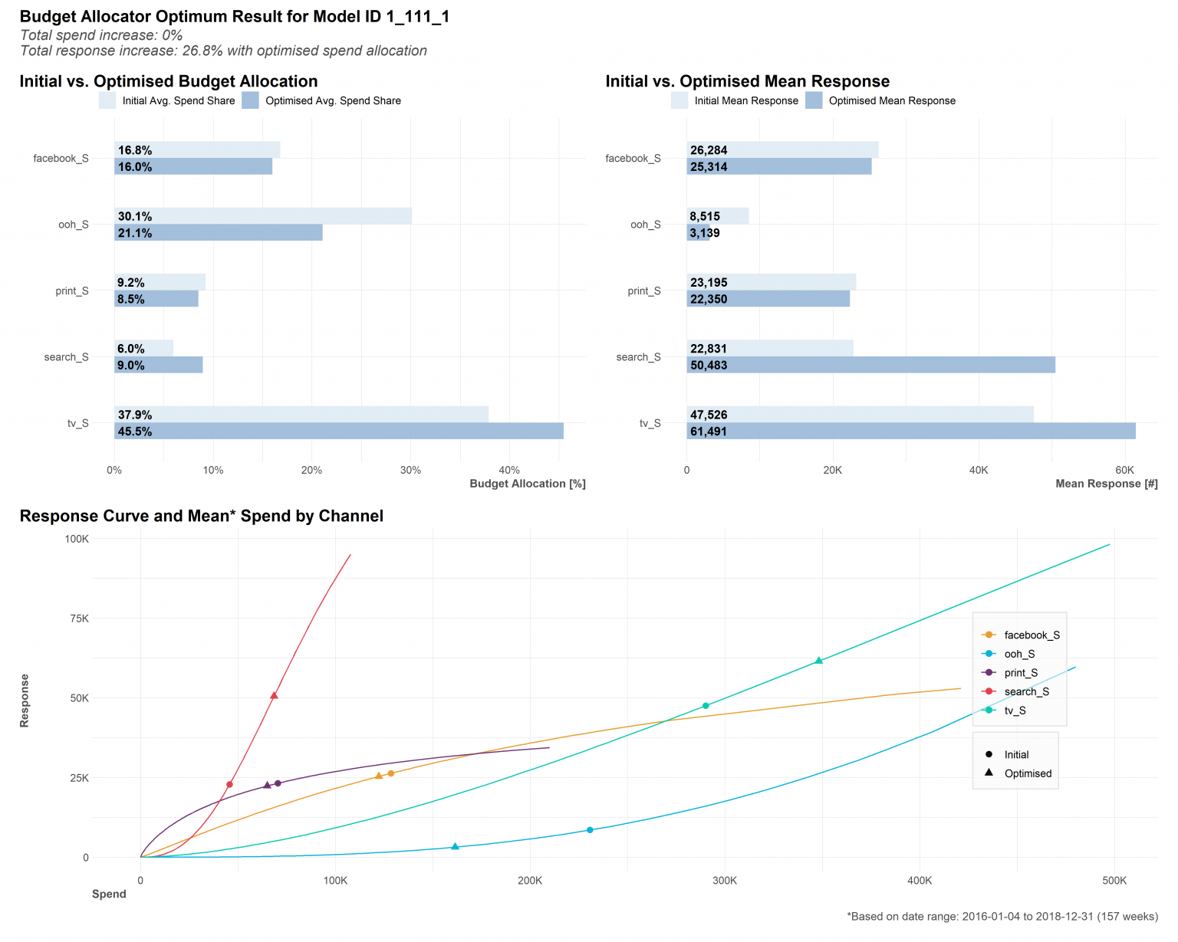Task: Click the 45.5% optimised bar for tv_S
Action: (x=339, y=432)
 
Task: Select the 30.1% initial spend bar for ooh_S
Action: (x=263, y=216)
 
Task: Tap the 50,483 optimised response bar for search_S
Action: (x=870, y=365)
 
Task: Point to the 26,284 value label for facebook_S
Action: (x=709, y=150)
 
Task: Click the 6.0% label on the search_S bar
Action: (x=131, y=349)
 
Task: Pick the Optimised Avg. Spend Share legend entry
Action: (x=321, y=100)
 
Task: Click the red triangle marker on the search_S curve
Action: (x=274, y=695)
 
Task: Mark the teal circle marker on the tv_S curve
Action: (x=706, y=706)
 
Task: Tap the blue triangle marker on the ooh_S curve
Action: (x=455, y=846)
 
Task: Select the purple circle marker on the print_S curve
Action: (x=278, y=783)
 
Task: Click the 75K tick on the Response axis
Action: (x=77, y=619)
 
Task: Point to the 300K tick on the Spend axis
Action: (x=725, y=881)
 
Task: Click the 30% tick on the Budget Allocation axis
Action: (x=410, y=470)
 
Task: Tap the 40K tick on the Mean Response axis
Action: (x=979, y=470)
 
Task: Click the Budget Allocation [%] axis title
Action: (x=528, y=484)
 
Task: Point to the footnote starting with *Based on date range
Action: (x=1002, y=917)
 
